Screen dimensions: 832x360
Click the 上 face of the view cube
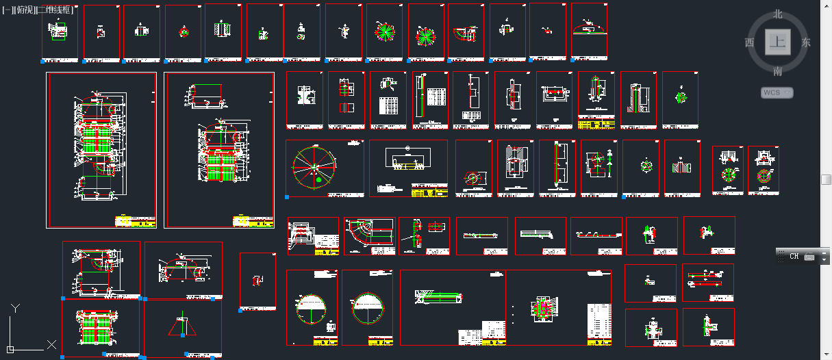(777, 42)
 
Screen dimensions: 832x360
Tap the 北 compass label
(778, 14)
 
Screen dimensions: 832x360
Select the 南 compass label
(778, 71)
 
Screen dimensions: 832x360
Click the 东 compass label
(806, 42)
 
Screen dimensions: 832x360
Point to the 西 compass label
(749, 42)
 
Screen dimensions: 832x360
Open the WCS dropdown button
(777, 92)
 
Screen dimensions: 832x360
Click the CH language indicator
(794, 256)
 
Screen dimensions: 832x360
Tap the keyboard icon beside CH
(809, 257)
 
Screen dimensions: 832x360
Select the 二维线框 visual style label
(55, 10)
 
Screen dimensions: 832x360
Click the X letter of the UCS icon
(51, 344)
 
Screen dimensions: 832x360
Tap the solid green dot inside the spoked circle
(318, 179)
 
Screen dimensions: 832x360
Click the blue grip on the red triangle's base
(183, 335)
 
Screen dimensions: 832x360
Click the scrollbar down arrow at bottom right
(826, 355)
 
